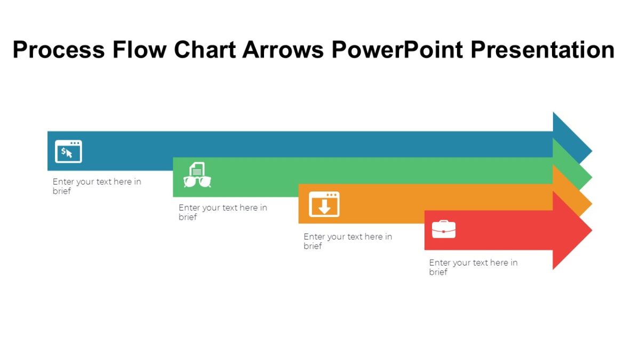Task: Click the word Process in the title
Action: pos(59,50)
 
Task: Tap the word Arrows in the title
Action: pos(283,50)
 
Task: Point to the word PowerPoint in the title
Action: pos(397,50)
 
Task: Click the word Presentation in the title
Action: pos(542,50)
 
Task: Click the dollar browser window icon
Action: pos(68,151)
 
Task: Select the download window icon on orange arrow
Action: pos(324,204)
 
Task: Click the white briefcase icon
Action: pos(444,229)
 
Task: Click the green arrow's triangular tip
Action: pos(585,176)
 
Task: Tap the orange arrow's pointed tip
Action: pos(586,203)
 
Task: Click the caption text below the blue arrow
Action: pos(97,186)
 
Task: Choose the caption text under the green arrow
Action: pos(222,212)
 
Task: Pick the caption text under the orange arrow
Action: pos(348,241)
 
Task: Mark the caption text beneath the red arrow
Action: pos(473,267)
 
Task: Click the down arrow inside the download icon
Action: pos(324,207)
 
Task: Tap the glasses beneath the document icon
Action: pos(197,182)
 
